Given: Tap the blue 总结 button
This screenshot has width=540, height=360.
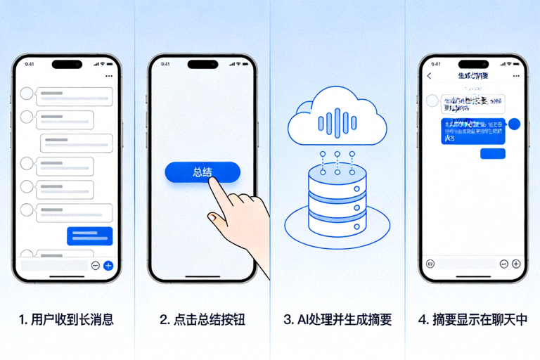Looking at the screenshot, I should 202,172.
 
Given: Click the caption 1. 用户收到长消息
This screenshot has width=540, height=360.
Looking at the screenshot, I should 66,320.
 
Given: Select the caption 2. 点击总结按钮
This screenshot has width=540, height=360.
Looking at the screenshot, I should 202,320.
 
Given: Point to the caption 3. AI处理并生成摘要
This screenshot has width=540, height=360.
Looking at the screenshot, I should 337,320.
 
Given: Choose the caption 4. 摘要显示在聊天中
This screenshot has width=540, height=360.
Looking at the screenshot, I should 472,320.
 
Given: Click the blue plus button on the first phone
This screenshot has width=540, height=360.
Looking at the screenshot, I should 108,265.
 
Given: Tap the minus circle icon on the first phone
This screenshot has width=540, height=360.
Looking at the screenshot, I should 96,265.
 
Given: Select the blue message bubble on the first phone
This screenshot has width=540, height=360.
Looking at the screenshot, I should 89,236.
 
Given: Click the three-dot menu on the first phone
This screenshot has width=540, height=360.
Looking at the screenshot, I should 108,75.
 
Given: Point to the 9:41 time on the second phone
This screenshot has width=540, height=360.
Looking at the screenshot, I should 165,64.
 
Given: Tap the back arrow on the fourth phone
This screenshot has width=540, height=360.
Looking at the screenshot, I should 430,75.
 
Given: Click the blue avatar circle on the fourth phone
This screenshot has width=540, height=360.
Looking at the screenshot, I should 515,124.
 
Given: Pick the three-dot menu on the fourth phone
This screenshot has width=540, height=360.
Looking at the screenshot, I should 515,75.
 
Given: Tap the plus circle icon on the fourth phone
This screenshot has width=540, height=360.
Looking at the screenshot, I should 516,264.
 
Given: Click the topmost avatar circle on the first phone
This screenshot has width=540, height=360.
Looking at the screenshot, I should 27,93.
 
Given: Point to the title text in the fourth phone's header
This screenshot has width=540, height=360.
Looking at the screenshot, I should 472,75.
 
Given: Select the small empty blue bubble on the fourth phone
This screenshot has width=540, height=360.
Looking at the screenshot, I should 492,153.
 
